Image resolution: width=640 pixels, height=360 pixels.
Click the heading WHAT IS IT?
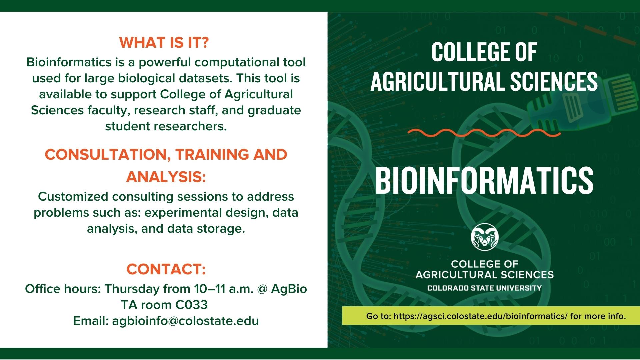pyautogui.click(x=164, y=43)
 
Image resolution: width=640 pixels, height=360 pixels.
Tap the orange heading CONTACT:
pyautogui.click(x=166, y=269)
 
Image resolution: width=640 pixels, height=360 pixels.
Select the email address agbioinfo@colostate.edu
pyautogui.click(x=185, y=321)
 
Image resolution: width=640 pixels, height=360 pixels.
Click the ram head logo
pyautogui.click(x=484, y=237)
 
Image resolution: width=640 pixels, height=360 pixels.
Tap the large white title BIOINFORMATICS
pyautogui.click(x=484, y=180)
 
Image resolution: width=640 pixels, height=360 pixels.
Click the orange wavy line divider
pyautogui.click(x=484, y=133)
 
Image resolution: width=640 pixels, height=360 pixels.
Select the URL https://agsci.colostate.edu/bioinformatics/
pyautogui.click(x=480, y=316)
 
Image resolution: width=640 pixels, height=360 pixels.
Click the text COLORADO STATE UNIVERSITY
pyautogui.click(x=484, y=288)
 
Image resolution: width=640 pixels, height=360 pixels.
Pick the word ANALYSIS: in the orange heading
pyautogui.click(x=166, y=177)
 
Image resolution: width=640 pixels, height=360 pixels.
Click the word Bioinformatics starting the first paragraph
pyautogui.click(x=69, y=62)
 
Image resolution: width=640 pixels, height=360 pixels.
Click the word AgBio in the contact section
pyautogui.click(x=289, y=289)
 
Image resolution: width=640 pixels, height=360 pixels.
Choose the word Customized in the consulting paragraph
pyautogui.click(x=73, y=197)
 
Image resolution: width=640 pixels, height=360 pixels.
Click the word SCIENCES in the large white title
pyautogui.click(x=554, y=82)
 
